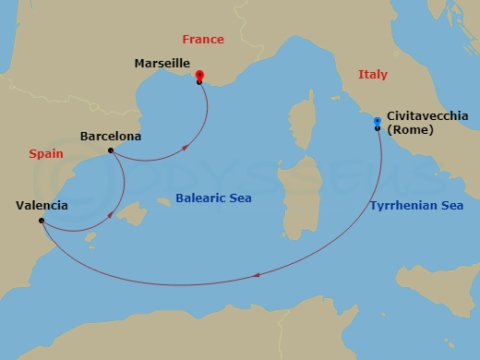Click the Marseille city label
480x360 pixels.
pyautogui.click(x=162, y=63)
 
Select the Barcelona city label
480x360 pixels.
pyautogui.click(x=111, y=136)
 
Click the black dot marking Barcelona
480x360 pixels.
pyautogui.click(x=111, y=150)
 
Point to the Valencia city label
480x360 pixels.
pyautogui.click(x=42, y=205)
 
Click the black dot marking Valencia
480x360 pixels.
pyautogui.click(x=42, y=221)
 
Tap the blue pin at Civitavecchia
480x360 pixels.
pyautogui.click(x=377, y=122)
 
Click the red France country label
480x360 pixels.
pyautogui.click(x=203, y=40)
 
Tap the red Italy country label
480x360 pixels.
pyautogui.click(x=372, y=75)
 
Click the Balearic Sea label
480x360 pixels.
pyautogui.click(x=213, y=198)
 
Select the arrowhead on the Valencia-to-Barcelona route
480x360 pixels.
pyautogui.click(x=112, y=215)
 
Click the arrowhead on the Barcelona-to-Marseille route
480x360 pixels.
pyautogui.click(x=187, y=145)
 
